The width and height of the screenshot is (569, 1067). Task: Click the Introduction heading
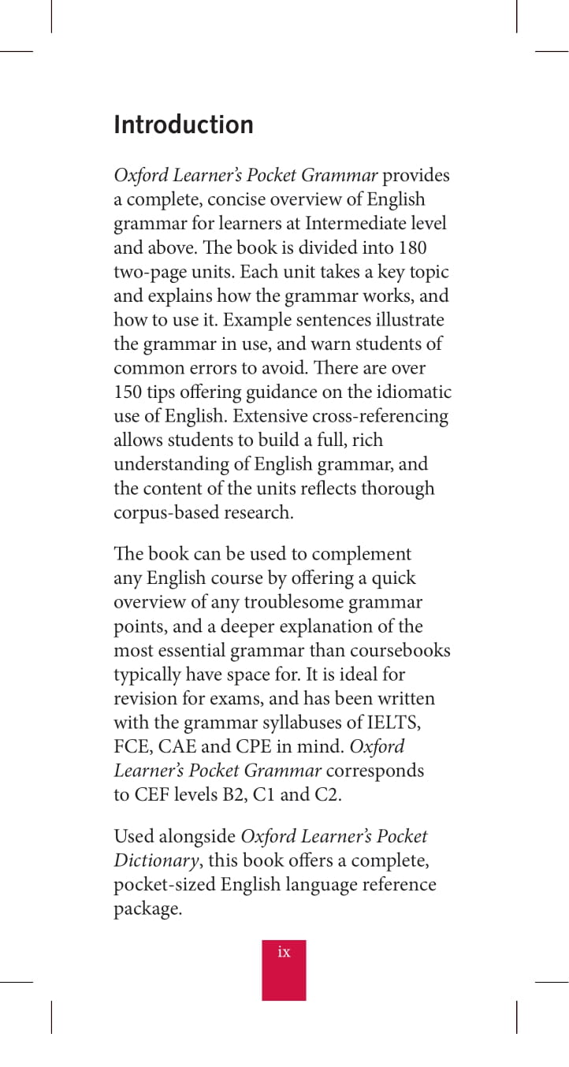(x=184, y=125)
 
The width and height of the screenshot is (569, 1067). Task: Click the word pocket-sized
(x=164, y=884)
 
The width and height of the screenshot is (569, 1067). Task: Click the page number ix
(x=284, y=953)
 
